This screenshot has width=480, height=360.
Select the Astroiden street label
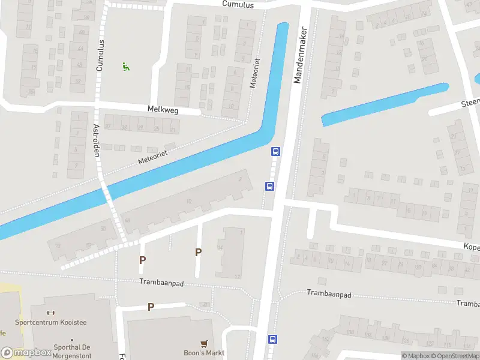[x=95, y=140]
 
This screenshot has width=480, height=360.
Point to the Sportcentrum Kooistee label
[x=59, y=323]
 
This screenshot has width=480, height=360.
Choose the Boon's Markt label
[x=204, y=353]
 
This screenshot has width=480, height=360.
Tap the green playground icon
[x=126, y=67]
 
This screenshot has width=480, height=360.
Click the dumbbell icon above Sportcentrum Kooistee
[x=50, y=313]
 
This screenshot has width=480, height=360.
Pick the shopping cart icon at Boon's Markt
[x=204, y=344]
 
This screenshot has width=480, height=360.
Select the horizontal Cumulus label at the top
[x=238, y=5]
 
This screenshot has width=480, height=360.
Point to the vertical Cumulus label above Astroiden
[x=100, y=55]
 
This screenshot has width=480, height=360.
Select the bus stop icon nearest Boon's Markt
[x=272, y=339]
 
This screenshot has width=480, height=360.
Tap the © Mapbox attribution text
[x=413, y=355]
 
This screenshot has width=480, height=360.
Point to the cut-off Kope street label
[x=471, y=247]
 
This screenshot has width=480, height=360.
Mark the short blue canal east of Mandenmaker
[x=384, y=104]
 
